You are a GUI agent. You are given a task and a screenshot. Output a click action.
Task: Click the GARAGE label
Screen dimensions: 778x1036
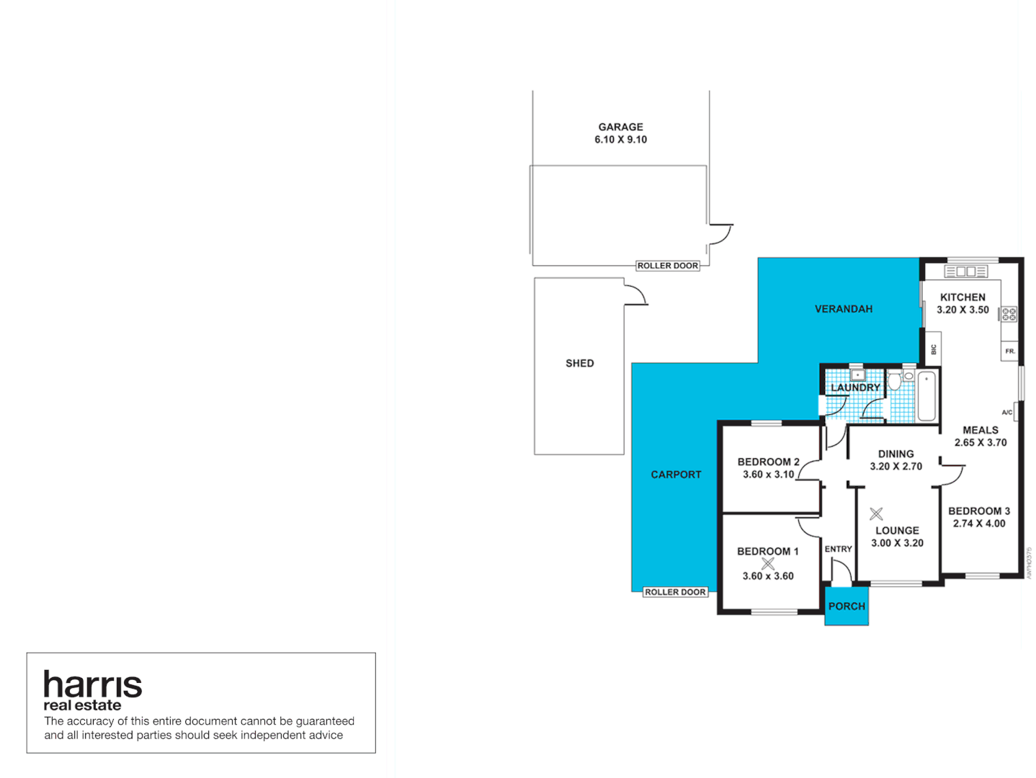620,127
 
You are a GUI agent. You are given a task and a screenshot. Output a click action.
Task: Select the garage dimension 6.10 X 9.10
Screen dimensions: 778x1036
620,140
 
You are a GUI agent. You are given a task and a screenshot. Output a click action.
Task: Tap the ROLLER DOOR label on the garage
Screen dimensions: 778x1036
667,266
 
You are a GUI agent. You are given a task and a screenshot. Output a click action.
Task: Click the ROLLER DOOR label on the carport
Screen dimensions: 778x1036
675,592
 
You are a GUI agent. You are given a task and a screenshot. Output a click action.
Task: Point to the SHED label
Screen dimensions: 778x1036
579,363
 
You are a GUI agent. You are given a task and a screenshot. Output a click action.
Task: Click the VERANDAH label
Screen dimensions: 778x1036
843,309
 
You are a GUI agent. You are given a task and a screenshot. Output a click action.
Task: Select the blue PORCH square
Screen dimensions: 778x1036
847,606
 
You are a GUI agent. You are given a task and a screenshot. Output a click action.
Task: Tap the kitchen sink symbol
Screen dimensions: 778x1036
965,272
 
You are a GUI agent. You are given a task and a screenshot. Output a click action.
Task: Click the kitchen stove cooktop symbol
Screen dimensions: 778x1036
1009,313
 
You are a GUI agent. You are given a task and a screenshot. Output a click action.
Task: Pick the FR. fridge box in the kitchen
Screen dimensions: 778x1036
1009,351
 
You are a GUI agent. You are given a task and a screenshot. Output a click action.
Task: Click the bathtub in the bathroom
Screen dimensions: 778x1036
926,396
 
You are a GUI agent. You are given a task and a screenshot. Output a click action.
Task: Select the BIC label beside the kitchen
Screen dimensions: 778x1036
933,349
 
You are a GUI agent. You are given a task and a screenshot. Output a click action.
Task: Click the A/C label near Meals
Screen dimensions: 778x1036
1006,412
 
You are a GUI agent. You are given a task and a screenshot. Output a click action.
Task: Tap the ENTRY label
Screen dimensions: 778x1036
838,549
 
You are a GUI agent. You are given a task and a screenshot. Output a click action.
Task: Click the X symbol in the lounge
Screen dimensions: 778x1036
876,514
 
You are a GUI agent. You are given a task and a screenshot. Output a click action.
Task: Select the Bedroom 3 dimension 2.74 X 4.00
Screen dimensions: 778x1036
978,524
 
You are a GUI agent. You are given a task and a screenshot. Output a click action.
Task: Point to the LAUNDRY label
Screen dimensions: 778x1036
855,388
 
